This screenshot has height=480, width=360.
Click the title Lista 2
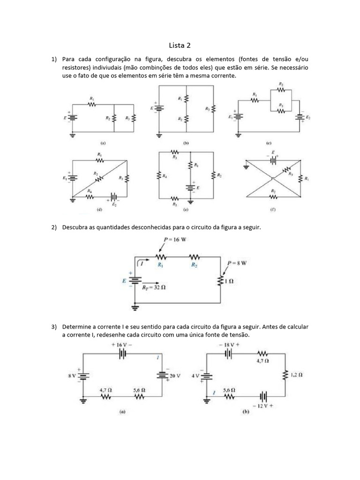pos(180,45)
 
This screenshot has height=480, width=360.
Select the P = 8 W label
pos(237,263)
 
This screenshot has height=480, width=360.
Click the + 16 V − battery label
pos(123,344)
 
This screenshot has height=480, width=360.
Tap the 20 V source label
pos(175,376)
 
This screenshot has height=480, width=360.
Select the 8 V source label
pos(71,375)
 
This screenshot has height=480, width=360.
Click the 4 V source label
pos(195,375)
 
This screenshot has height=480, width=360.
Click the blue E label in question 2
pos(124,281)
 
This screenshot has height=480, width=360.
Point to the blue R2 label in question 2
pos(195,265)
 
